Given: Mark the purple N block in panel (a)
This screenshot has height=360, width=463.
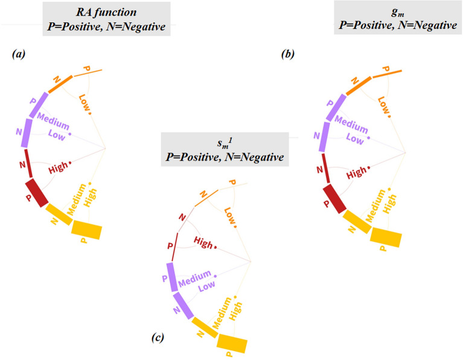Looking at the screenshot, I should pos(25,133).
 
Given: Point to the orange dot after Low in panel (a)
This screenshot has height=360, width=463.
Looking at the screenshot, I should pos(89,113).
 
